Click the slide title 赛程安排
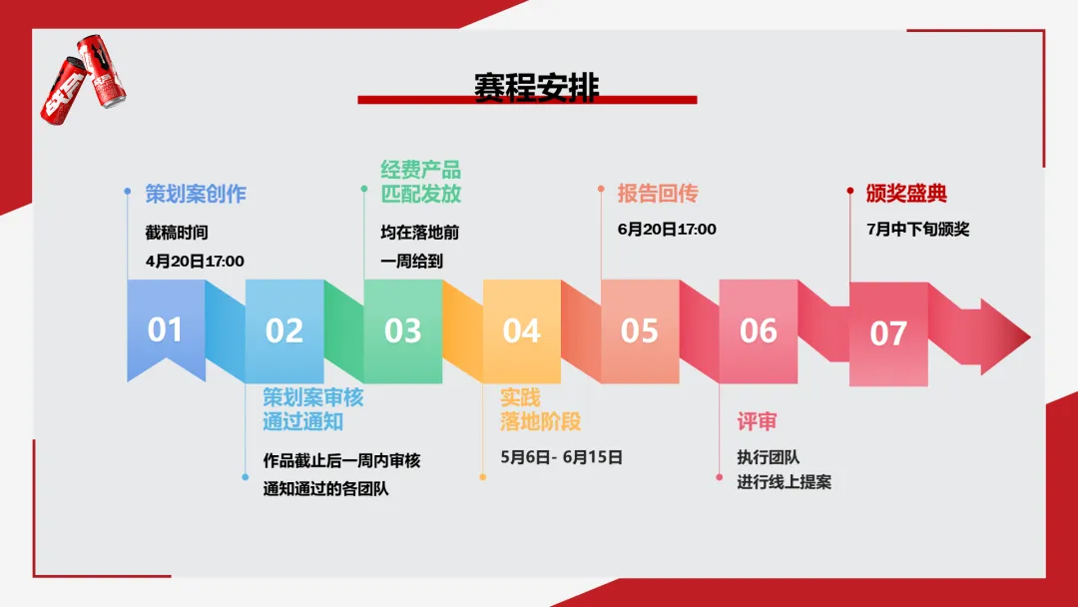536,86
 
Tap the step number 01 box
166,329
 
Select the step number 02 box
284,330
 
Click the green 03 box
402,330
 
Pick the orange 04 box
521,330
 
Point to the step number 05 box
640,330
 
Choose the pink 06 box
759,330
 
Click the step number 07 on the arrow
888,333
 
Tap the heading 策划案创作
195,194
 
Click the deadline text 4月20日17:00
195,261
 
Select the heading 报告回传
657,194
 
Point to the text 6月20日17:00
667,229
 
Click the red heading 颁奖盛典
906,194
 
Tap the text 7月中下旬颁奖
917,229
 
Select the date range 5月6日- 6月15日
561,457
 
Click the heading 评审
757,421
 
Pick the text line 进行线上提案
784,481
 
